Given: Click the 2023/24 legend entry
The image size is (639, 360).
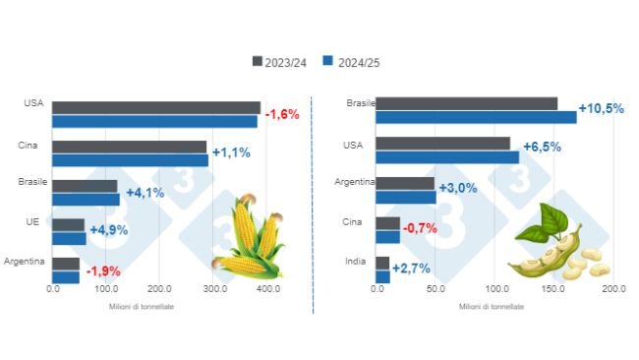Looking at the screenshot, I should point(283,62).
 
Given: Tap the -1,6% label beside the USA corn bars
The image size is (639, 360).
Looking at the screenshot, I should point(281,114).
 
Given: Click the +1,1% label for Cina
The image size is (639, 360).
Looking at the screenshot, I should point(232,153).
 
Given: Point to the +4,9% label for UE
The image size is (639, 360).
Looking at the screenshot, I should point(109,230).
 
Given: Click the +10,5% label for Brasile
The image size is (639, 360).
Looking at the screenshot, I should point(601,109).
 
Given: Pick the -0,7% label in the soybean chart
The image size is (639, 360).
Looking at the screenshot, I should point(420,228).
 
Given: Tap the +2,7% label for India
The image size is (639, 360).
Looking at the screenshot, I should point(409,269).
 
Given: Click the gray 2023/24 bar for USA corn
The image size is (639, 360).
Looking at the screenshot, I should point(156,107).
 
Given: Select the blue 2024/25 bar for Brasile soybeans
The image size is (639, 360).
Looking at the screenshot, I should point(476,117).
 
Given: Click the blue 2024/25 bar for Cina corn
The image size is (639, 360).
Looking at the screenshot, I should point(130,159).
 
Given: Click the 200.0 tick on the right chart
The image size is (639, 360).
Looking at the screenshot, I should point(613,290).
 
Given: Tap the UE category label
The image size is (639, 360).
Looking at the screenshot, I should point(32,222).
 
